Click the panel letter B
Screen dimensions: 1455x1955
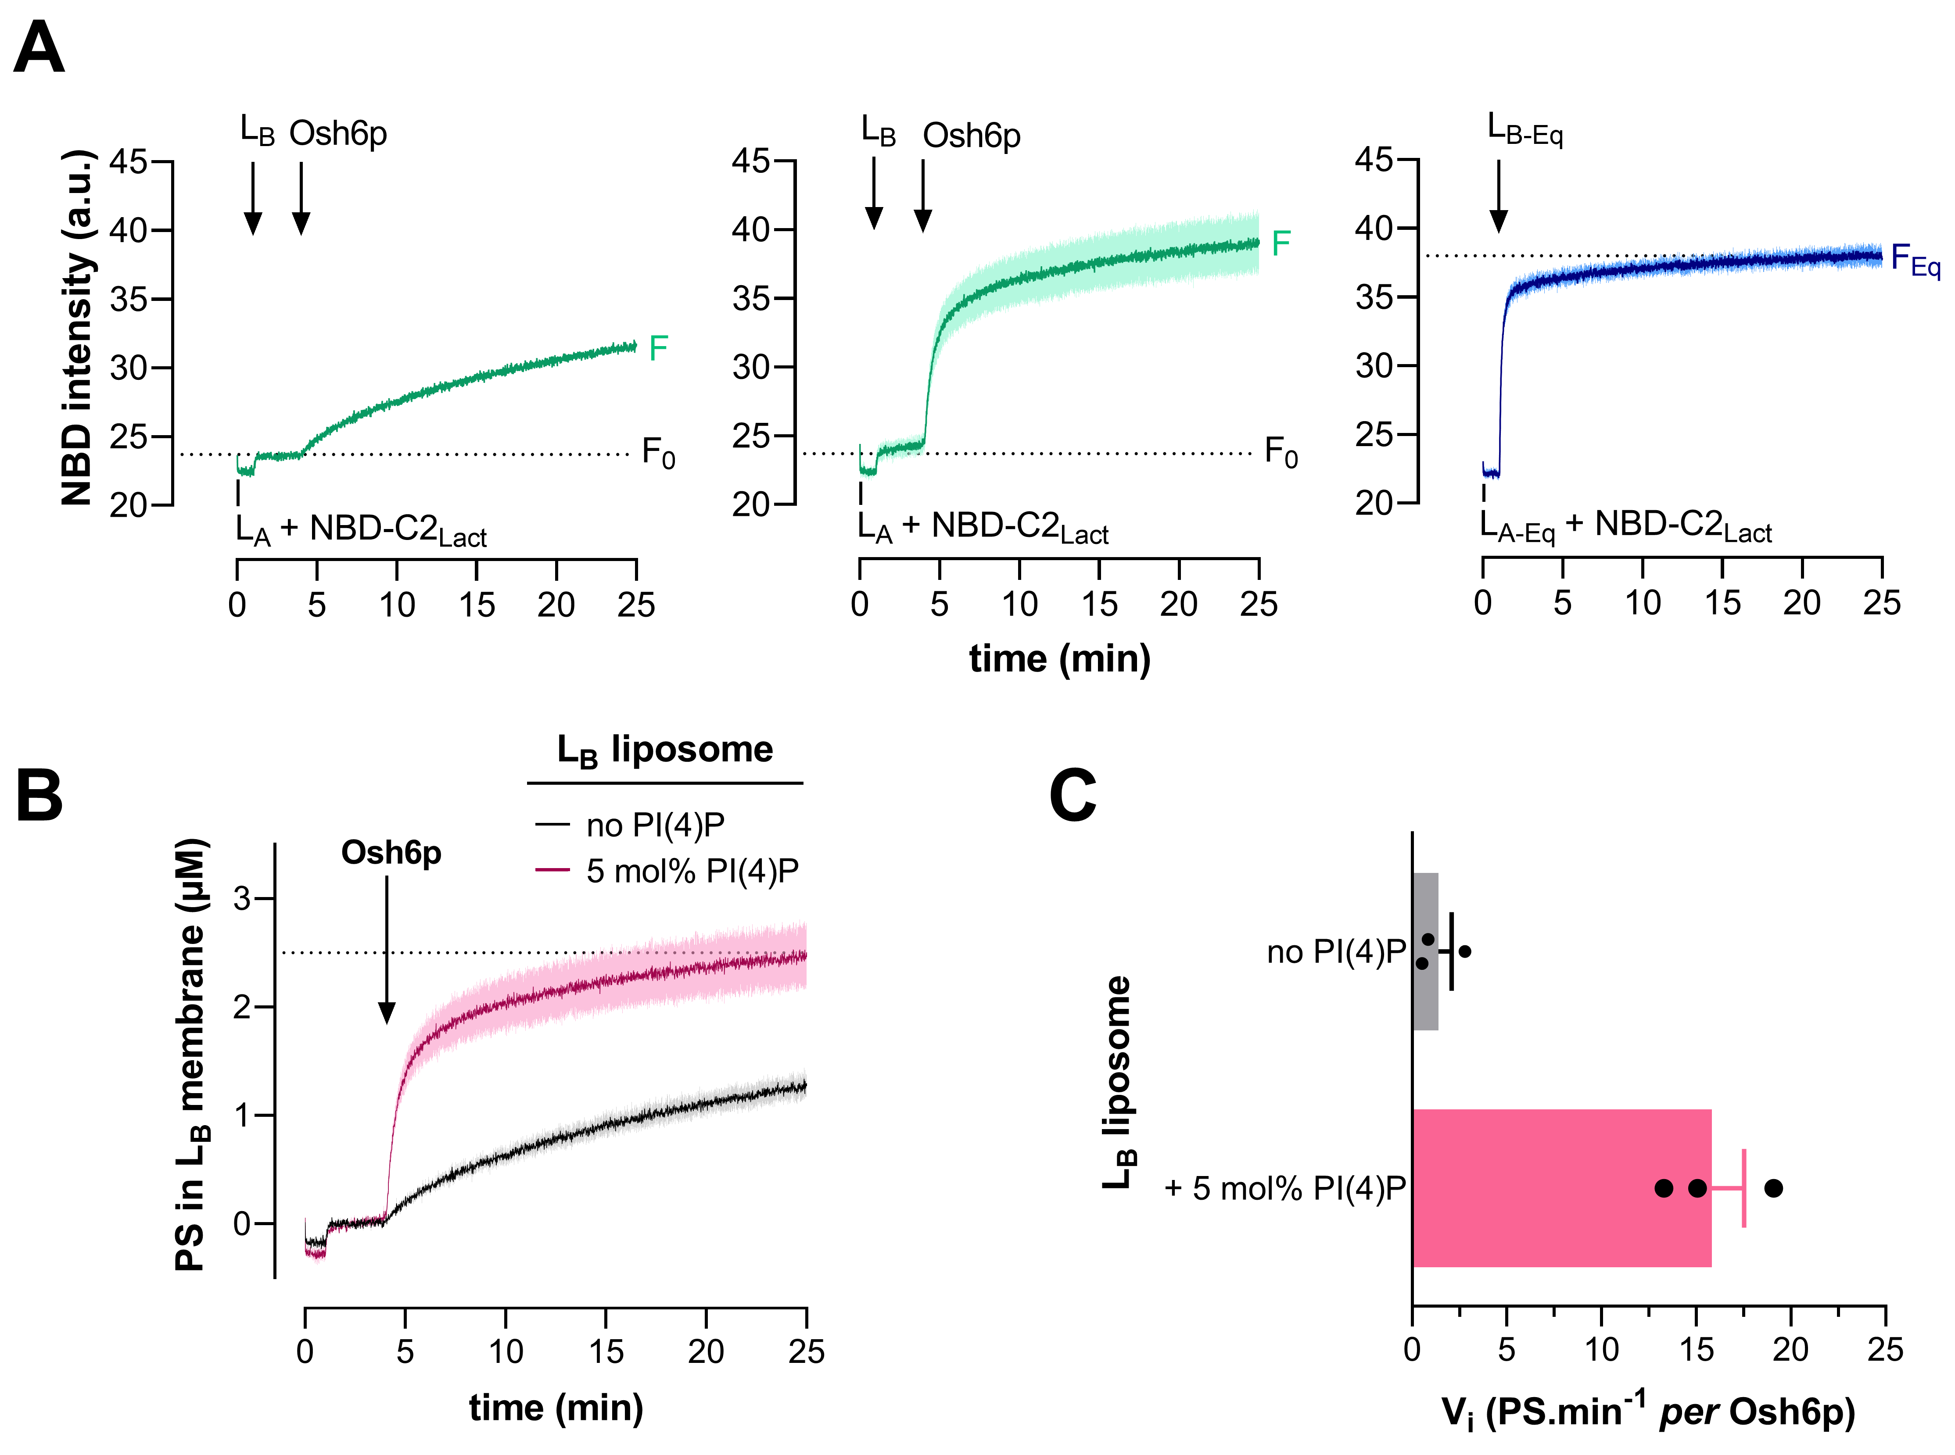pos(39,795)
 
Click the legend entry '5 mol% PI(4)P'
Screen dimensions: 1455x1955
pos(692,871)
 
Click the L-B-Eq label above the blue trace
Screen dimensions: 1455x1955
pos(1524,130)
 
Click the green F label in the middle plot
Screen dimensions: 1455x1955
pos(1281,243)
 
